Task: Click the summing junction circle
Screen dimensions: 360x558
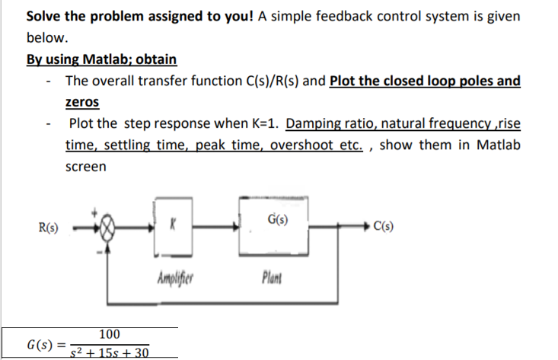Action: (x=110, y=226)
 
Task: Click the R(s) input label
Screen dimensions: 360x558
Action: (x=51, y=226)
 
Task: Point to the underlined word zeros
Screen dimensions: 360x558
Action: (x=82, y=101)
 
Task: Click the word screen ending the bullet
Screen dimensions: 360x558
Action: (x=86, y=166)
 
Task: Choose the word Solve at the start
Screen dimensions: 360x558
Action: (x=46, y=16)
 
